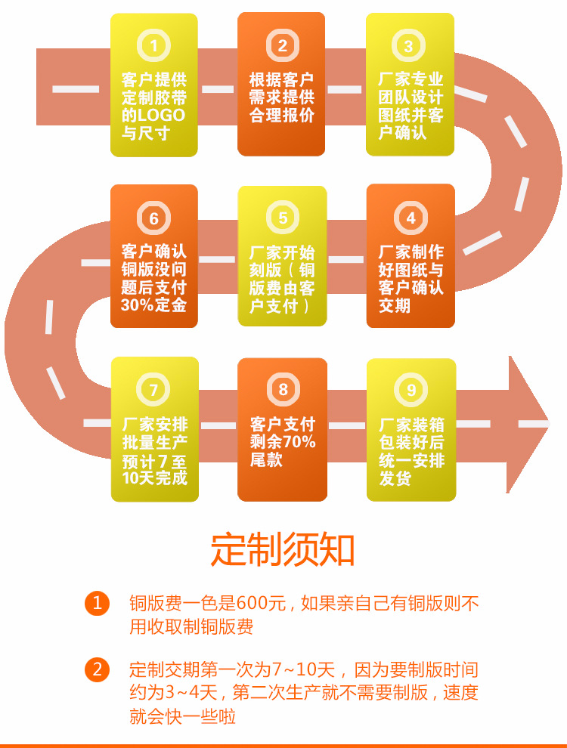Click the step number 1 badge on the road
(154, 46)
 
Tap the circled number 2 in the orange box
(282, 46)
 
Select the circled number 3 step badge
(409, 46)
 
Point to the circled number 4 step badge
(411, 218)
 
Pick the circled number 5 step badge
(283, 218)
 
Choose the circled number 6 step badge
(154, 218)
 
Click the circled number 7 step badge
(154, 390)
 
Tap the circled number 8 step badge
(283, 390)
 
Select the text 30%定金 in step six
(153, 305)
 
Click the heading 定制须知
(283, 550)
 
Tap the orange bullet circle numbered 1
(97, 603)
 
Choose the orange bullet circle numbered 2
(97, 669)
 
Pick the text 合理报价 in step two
(282, 116)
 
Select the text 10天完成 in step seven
(154, 478)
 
